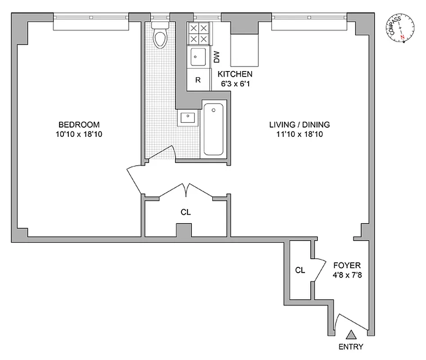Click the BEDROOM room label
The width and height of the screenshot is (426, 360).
(79, 125)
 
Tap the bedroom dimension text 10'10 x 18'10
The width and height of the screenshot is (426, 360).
(79, 134)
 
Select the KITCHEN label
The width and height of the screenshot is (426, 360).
(235, 74)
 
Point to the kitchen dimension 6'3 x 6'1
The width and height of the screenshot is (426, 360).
(235, 83)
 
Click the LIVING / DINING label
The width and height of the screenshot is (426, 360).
(299, 125)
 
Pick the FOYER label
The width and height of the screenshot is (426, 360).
(347, 265)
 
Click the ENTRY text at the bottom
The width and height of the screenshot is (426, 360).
(351, 347)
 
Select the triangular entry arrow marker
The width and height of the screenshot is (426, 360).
(351, 334)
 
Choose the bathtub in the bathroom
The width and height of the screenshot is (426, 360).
(213, 129)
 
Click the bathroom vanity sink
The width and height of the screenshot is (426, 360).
(187, 118)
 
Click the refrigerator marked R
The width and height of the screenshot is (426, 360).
(198, 81)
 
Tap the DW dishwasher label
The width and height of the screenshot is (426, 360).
(217, 57)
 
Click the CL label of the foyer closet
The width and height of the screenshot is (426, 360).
(300, 270)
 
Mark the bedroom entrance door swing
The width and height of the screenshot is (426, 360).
(137, 178)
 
